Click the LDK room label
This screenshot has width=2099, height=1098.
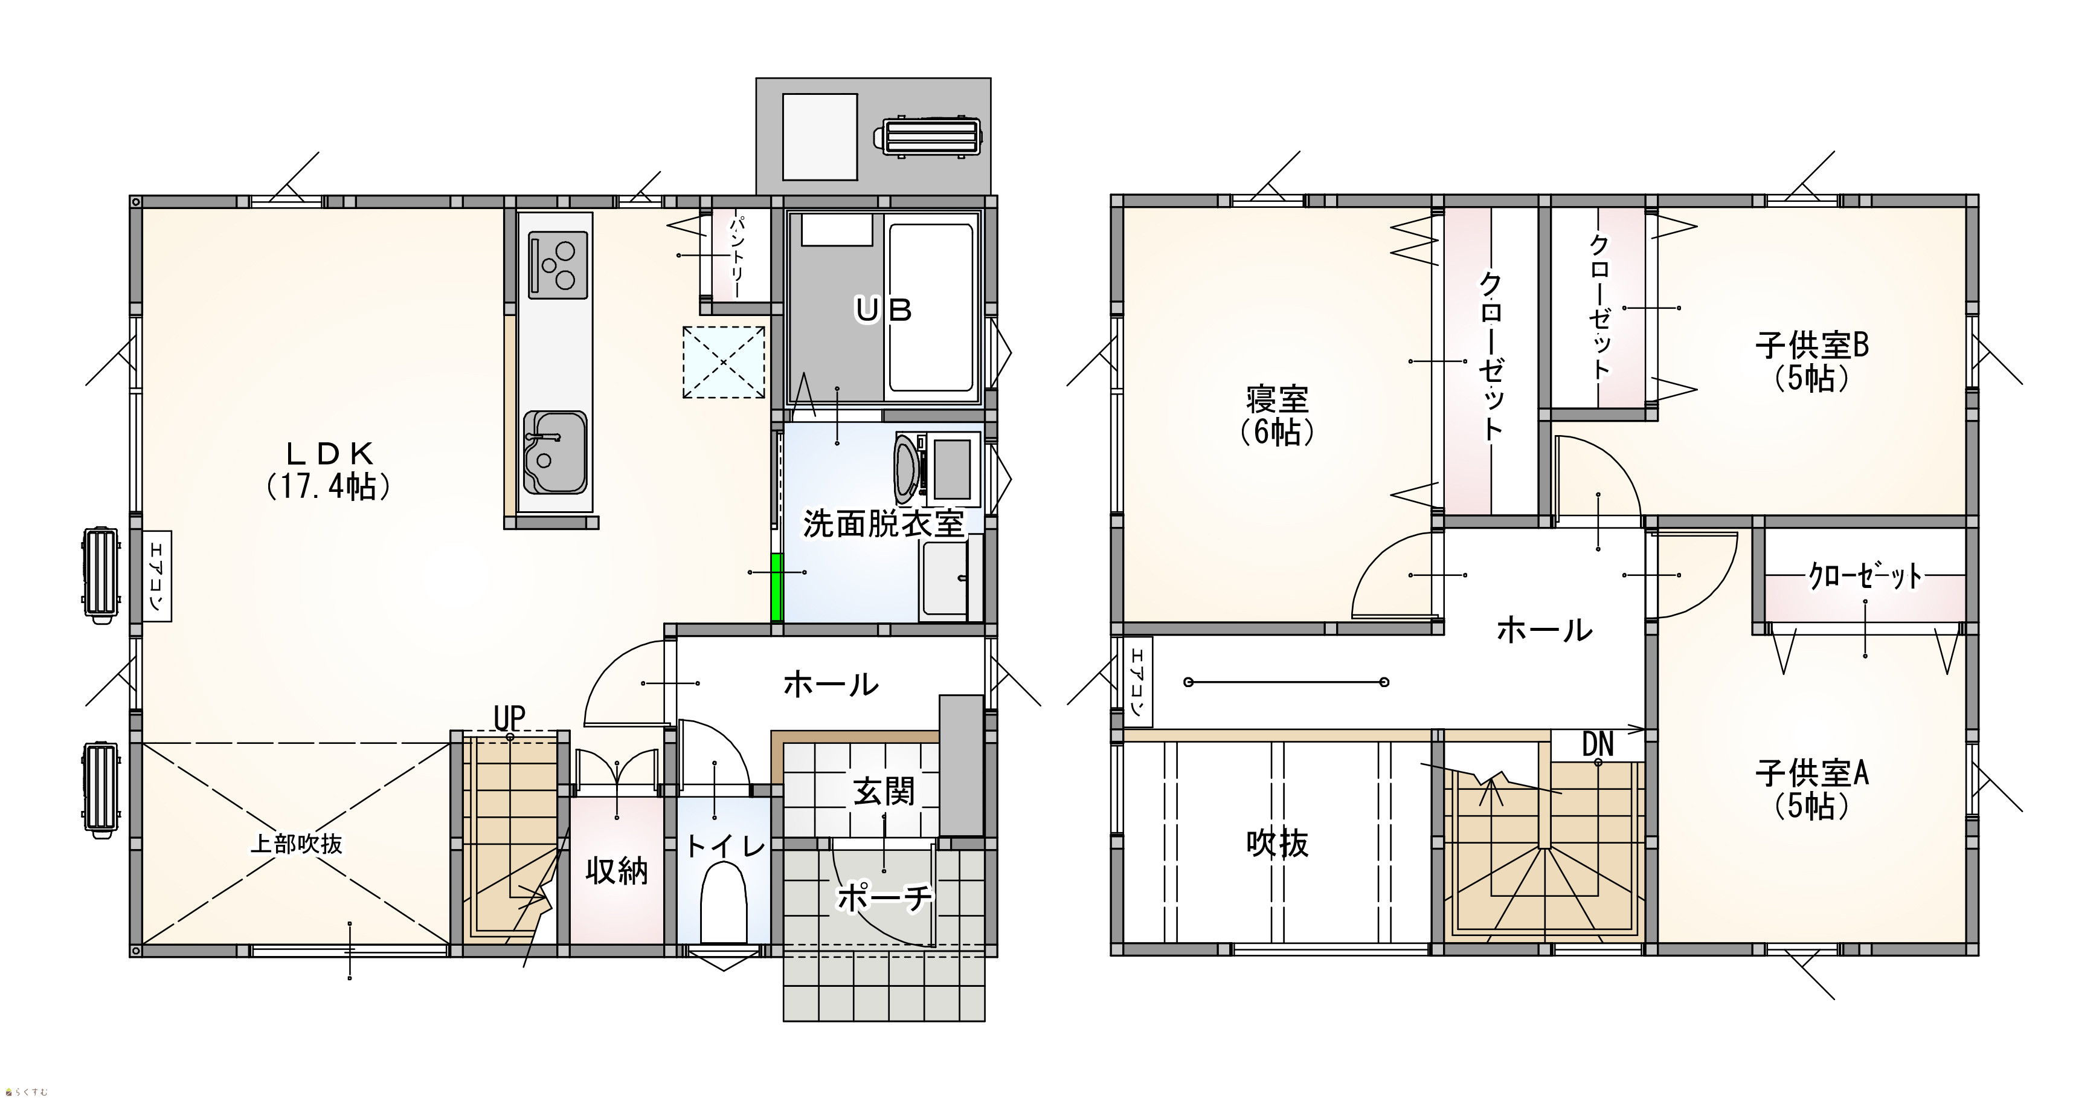coord(329,470)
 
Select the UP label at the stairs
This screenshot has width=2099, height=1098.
coord(509,718)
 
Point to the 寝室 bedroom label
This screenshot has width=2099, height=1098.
coord(1277,416)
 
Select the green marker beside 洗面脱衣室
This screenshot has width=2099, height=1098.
coord(777,587)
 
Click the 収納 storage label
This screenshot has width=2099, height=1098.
coord(617,871)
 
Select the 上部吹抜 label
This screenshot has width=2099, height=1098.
coord(296,843)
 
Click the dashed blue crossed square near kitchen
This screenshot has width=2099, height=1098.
coord(724,362)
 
